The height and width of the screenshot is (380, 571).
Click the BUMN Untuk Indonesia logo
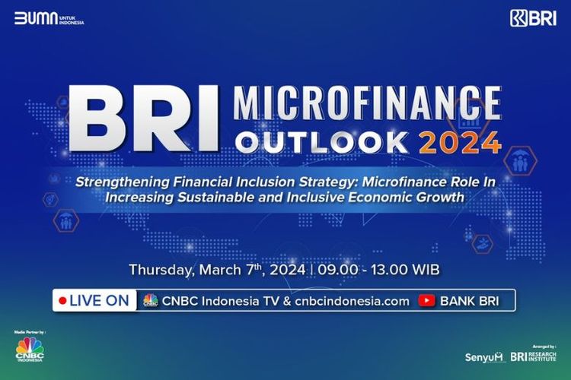pos(49,18)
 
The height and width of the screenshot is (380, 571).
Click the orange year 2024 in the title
pos(464,142)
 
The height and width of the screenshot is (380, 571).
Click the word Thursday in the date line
pos(160,270)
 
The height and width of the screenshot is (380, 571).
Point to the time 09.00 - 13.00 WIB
pos(377,270)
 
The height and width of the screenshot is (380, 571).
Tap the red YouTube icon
pos(426,300)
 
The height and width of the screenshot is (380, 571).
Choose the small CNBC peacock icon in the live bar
pos(150,300)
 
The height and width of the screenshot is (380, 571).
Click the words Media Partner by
pos(30,333)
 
